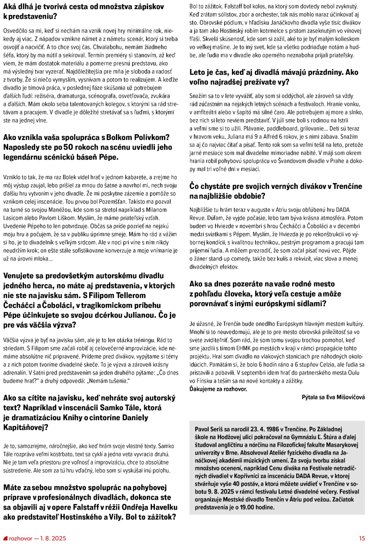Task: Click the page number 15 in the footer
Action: [x=362, y=538]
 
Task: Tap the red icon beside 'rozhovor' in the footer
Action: [x=5, y=538]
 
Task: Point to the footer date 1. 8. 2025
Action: [x=53, y=538]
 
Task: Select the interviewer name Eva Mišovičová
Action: [x=345, y=397]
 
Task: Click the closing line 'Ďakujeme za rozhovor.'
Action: [x=218, y=389]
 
